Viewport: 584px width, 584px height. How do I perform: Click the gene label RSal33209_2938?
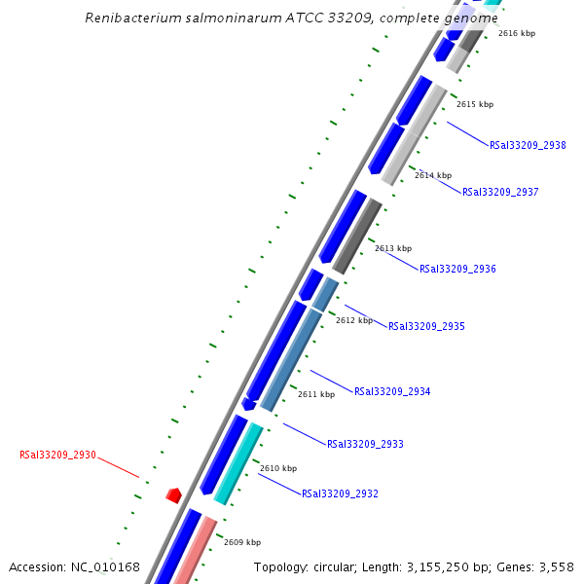528,145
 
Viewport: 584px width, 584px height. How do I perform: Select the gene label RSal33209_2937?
500,192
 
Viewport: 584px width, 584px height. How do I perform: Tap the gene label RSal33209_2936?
457,269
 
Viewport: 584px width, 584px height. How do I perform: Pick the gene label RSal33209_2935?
426,326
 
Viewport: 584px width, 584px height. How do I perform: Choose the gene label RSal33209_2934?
392,391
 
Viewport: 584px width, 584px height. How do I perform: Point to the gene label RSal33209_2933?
365,444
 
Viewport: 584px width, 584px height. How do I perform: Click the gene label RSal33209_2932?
340,493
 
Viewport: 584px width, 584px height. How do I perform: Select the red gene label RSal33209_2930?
57,455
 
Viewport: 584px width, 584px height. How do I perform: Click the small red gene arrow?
174,495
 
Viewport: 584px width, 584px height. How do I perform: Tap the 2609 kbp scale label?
242,542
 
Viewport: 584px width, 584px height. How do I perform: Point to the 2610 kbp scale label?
277,468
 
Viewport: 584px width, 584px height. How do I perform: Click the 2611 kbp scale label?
316,394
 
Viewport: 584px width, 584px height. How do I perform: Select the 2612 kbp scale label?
354,320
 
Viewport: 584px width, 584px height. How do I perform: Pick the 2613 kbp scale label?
393,248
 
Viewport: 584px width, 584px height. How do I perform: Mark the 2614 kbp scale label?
433,175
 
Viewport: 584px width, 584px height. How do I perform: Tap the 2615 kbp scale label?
475,104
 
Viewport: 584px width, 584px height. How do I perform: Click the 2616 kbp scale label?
517,33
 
